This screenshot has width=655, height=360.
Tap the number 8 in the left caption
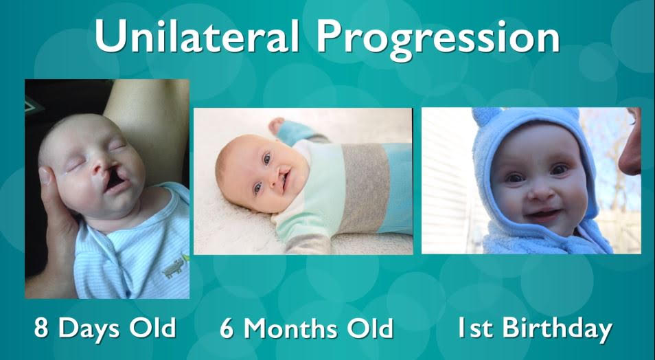click(41, 328)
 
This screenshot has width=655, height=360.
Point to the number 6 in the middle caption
click(227, 328)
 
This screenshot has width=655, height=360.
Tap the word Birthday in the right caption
click(558, 330)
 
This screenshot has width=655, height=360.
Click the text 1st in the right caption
click(476, 328)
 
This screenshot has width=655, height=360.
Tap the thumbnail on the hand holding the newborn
click(44, 177)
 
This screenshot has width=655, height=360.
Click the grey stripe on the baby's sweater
click(363, 188)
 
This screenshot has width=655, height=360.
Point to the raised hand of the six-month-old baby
click(277, 125)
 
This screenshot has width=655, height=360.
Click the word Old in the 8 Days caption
click(152, 328)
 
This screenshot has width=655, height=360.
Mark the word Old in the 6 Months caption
click(370, 328)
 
